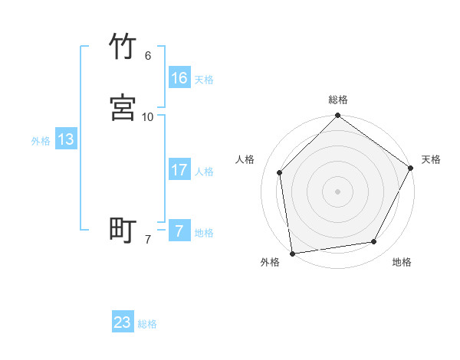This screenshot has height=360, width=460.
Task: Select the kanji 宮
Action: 123,107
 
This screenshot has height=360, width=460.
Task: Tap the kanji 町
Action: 123,230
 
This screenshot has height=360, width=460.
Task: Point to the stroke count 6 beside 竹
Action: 147,56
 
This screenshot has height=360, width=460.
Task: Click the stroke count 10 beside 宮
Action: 147,116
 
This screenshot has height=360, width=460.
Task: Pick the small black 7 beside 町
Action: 147,240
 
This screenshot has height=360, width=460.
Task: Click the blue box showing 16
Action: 179,77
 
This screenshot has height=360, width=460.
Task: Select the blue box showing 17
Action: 179,169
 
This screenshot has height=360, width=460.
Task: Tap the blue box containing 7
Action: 179,231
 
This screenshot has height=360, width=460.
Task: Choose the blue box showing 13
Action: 66,139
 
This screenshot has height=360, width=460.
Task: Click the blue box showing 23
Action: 123,322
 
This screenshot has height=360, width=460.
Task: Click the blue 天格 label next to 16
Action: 204,79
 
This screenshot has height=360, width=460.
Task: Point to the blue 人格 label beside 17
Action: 204,171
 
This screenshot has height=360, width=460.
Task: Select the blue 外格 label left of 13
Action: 41,141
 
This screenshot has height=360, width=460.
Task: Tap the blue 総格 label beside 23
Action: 148,324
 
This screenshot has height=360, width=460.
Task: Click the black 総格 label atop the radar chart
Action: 337,100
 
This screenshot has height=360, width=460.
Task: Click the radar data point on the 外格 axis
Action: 292,253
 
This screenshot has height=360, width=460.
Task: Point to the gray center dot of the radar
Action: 337,191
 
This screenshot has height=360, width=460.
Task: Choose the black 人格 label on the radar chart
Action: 245,159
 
